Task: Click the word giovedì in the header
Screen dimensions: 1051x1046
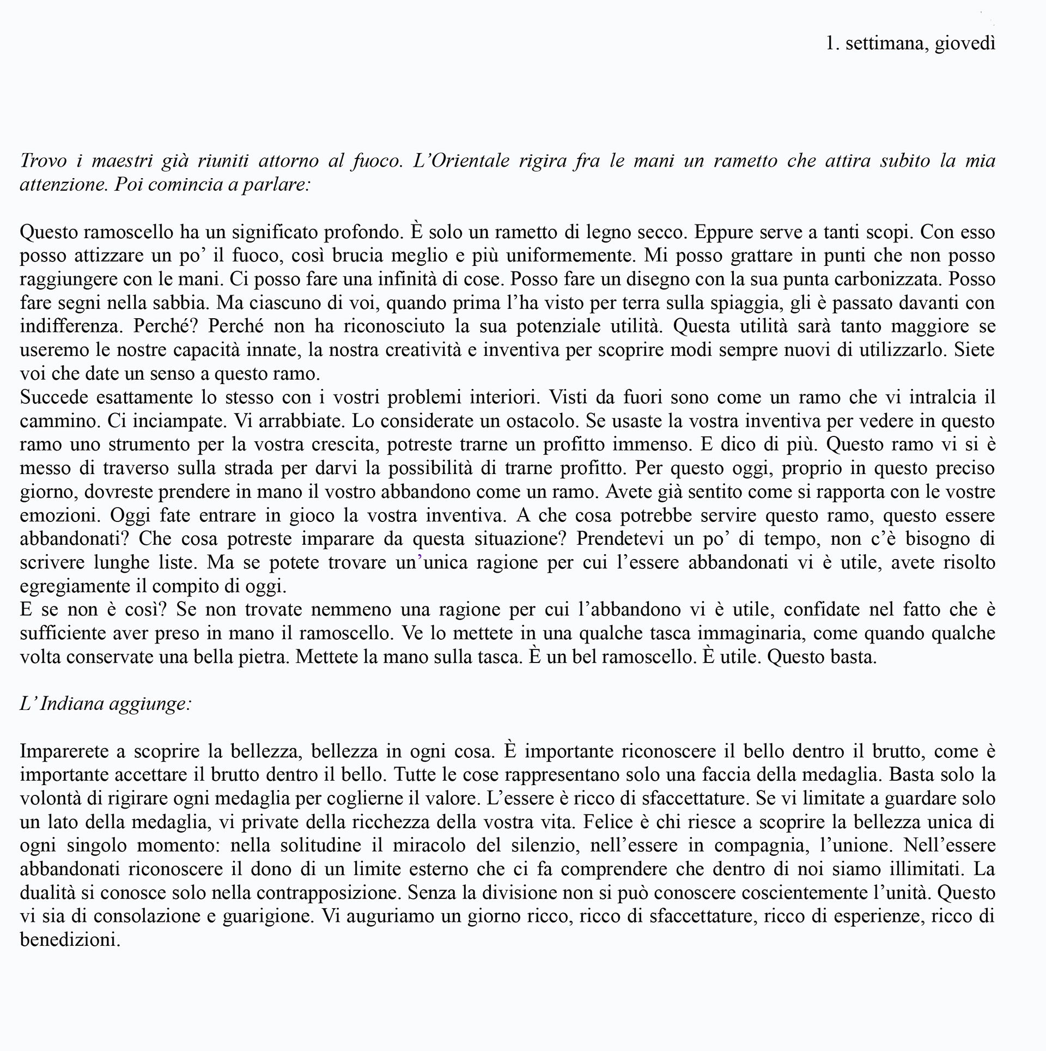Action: coord(965,44)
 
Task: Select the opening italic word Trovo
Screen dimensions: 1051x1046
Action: coord(42,161)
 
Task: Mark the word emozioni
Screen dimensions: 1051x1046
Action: coord(59,515)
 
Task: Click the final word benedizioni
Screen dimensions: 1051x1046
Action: coord(69,940)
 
